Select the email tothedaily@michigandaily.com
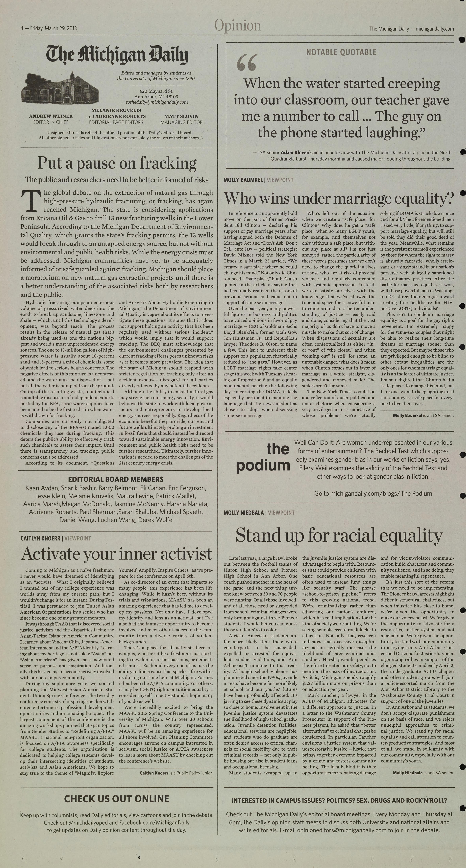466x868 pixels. point(157,102)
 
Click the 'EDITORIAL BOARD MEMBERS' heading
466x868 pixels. point(116,479)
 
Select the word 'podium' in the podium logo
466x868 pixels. point(263,466)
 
